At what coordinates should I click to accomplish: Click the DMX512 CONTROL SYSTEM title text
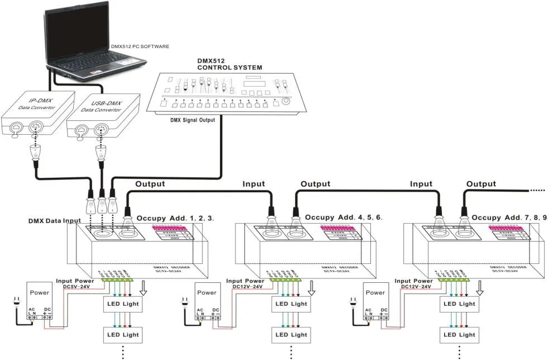(229, 64)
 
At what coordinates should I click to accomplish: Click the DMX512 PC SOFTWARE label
(140, 47)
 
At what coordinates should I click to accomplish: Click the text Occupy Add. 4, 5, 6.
(344, 217)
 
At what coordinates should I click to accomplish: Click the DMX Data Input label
(54, 221)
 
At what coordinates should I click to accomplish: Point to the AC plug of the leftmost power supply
(17, 304)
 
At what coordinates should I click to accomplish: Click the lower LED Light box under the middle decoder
(291, 334)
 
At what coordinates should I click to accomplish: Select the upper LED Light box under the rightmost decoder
(459, 304)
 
